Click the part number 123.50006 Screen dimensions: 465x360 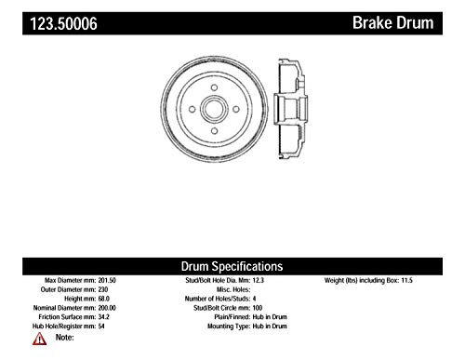tap(63, 23)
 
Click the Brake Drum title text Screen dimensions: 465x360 tap(393, 23)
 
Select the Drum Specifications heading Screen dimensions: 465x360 tap(232, 266)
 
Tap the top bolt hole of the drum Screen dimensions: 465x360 tap(214, 87)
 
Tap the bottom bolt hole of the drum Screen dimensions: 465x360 tap(214, 131)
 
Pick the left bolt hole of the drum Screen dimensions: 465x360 tap(193, 109)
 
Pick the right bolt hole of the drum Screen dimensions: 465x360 tap(236, 109)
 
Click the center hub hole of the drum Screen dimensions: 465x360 tap(214, 109)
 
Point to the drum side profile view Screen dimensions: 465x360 tap(290, 110)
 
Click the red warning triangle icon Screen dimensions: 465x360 tap(39, 339)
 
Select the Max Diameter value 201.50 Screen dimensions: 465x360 tap(107, 280)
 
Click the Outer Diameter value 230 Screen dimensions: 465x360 tap(103, 289)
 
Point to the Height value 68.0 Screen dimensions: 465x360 tap(104, 299)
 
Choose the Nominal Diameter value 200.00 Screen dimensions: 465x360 tap(107, 308)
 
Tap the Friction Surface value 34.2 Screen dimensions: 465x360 tap(104, 317)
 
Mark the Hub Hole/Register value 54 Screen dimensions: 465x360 tap(101, 327)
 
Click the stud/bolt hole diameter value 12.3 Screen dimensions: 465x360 tap(259, 280)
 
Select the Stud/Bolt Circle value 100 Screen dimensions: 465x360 tap(258, 308)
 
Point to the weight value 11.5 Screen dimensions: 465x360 tap(407, 280)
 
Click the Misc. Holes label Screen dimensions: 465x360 tap(233, 289)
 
